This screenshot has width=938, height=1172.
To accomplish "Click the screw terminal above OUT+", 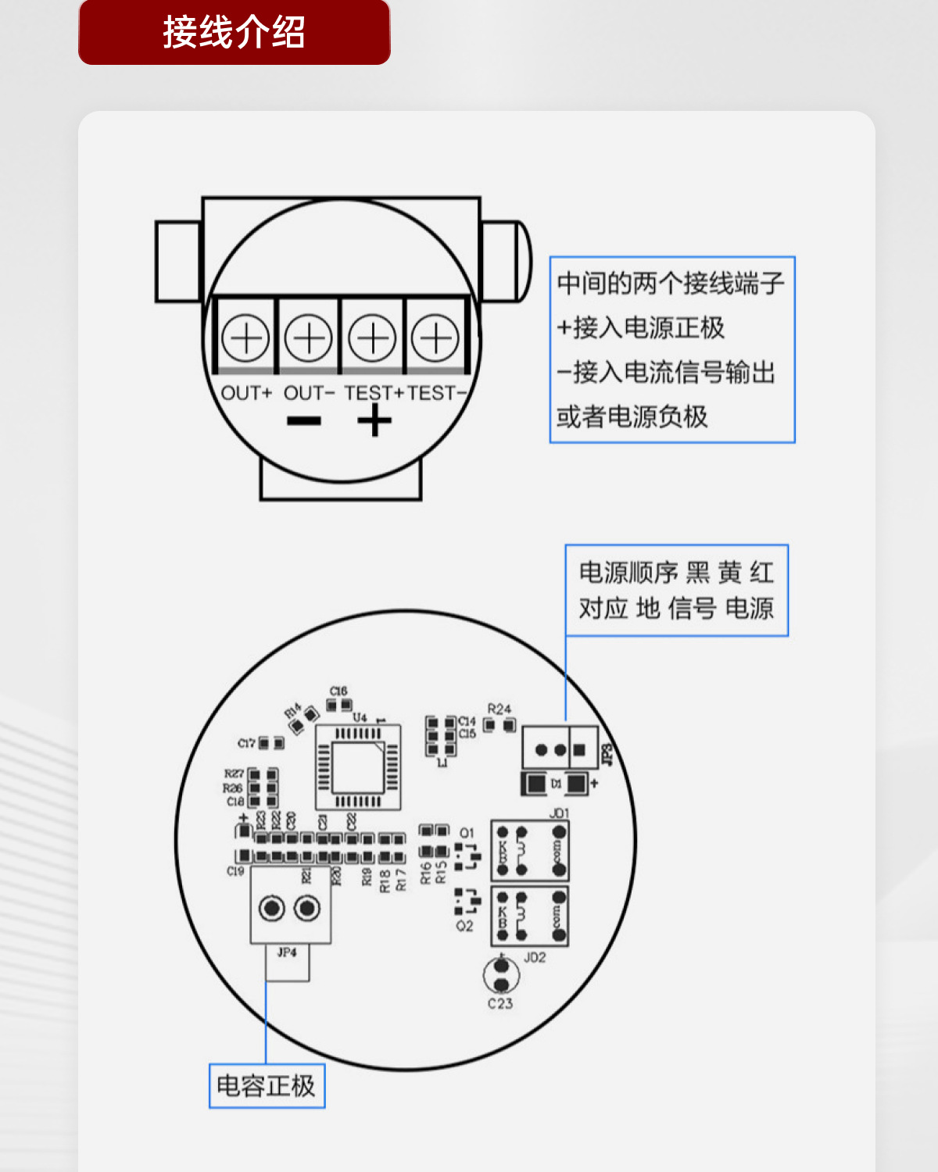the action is pyautogui.click(x=245, y=338).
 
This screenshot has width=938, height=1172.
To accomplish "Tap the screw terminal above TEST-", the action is pyautogui.click(x=435, y=338).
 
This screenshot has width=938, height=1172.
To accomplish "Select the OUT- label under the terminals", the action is pyautogui.click(x=309, y=393).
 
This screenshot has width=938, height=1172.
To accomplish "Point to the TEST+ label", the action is pyautogui.click(x=374, y=393).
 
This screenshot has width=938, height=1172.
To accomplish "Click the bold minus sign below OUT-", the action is pyautogui.click(x=304, y=422).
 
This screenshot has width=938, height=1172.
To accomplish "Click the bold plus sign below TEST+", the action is pyautogui.click(x=374, y=422).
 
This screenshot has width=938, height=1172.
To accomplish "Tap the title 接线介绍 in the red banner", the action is pyautogui.click(x=234, y=33).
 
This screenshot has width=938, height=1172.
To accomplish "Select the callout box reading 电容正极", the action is pyautogui.click(x=267, y=1085).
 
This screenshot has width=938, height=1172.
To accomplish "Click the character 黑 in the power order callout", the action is pyautogui.click(x=697, y=573).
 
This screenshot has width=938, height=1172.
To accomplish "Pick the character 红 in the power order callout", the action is pyautogui.click(x=762, y=573).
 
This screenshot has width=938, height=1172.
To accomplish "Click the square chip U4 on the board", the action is pyautogui.click(x=358, y=768).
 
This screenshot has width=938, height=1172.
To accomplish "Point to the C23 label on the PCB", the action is pyautogui.click(x=500, y=1003).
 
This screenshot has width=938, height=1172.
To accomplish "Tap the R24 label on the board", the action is pyautogui.click(x=499, y=709).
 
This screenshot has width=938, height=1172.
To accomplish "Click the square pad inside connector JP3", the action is pyautogui.click(x=579, y=750).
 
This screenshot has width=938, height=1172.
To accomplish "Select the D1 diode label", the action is pyautogui.click(x=556, y=783).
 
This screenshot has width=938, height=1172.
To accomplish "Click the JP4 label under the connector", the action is pyautogui.click(x=287, y=952).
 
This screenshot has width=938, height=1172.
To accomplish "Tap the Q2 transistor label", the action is pyautogui.click(x=464, y=926).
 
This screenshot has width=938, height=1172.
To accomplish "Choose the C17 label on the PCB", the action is pyautogui.click(x=247, y=743).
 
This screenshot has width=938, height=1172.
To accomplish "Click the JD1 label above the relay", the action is pyautogui.click(x=559, y=813).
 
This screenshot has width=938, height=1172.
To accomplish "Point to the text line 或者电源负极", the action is pyautogui.click(x=632, y=416).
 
